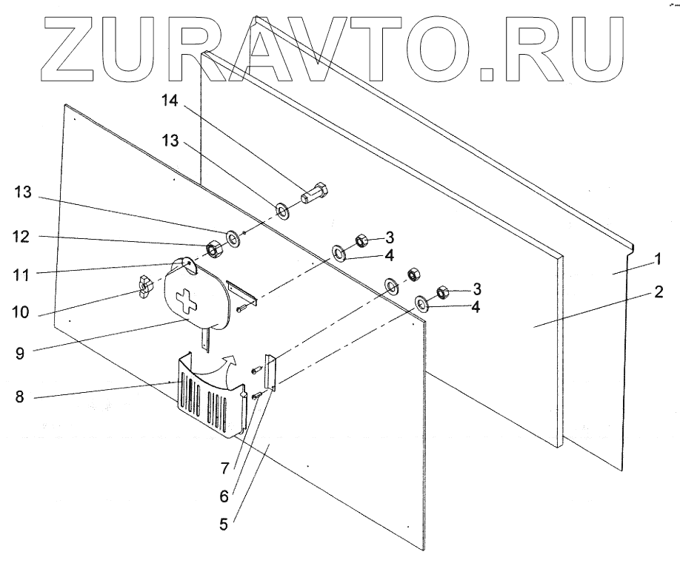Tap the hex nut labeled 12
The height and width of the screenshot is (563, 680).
point(213,249)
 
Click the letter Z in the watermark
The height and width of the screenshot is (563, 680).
point(81,44)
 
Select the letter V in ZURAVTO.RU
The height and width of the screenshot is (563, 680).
point(344,44)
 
